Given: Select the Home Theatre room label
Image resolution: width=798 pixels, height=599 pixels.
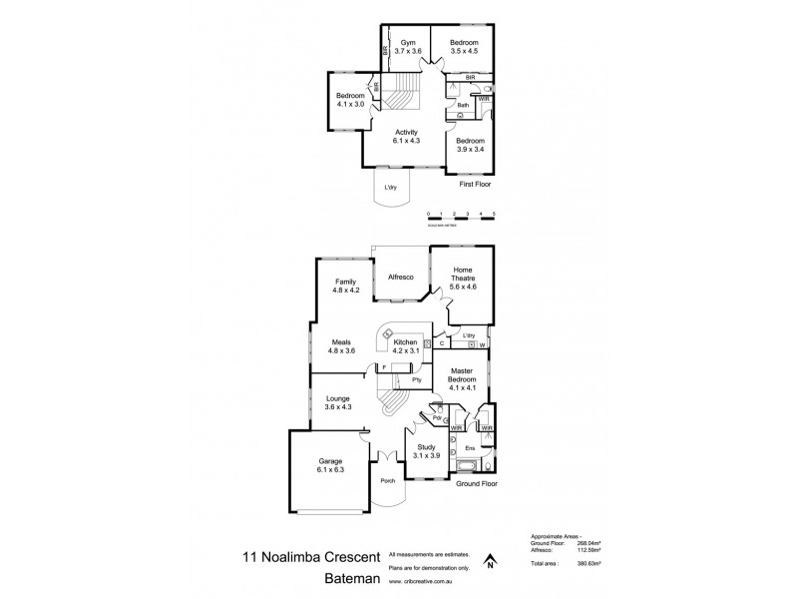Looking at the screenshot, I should [x=463, y=275].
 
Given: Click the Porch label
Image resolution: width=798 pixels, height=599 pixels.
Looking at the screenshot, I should [x=388, y=481].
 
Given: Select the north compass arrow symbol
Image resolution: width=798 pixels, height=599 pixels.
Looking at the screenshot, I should [x=490, y=561].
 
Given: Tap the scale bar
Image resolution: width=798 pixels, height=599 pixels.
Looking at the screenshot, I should [x=460, y=216].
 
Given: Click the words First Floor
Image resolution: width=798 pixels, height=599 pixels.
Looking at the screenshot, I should [x=475, y=185].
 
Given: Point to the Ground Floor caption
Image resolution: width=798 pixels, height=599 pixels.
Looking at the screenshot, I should [x=476, y=483].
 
